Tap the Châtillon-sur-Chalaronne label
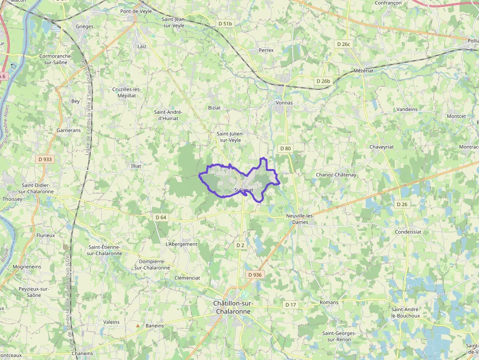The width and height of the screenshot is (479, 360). pyautogui.click(x=232, y=307)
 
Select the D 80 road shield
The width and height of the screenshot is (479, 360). pyautogui.click(x=285, y=148)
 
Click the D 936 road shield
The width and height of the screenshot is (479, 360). pyautogui.click(x=255, y=275)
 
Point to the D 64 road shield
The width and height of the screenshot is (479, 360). pyautogui.click(x=160, y=217)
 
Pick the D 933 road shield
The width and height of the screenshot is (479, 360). pyautogui.click(x=44, y=159)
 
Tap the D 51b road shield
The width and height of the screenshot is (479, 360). pyautogui.click(x=225, y=23)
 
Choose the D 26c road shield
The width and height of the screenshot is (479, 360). pyautogui.click(x=344, y=44)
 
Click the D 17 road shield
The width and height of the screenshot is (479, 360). pyautogui.click(x=290, y=305)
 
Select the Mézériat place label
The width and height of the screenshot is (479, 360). pyautogui.click(x=363, y=71)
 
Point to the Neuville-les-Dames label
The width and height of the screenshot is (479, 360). pyautogui.click(x=299, y=219)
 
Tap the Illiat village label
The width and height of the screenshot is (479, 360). pyautogui.click(x=136, y=166)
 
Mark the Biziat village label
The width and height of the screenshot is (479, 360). pyautogui.click(x=214, y=107)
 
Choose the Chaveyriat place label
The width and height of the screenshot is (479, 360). pyautogui.click(x=382, y=147)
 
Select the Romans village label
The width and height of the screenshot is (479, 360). pyautogui.click(x=328, y=302)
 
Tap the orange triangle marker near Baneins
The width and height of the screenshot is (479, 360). pyautogui.click(x=138, y=325)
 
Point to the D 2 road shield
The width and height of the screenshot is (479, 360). pyautogui.click(x=240, y=245)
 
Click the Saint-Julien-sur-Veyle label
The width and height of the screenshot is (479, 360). pyautogui.click(x=230, y=137)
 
